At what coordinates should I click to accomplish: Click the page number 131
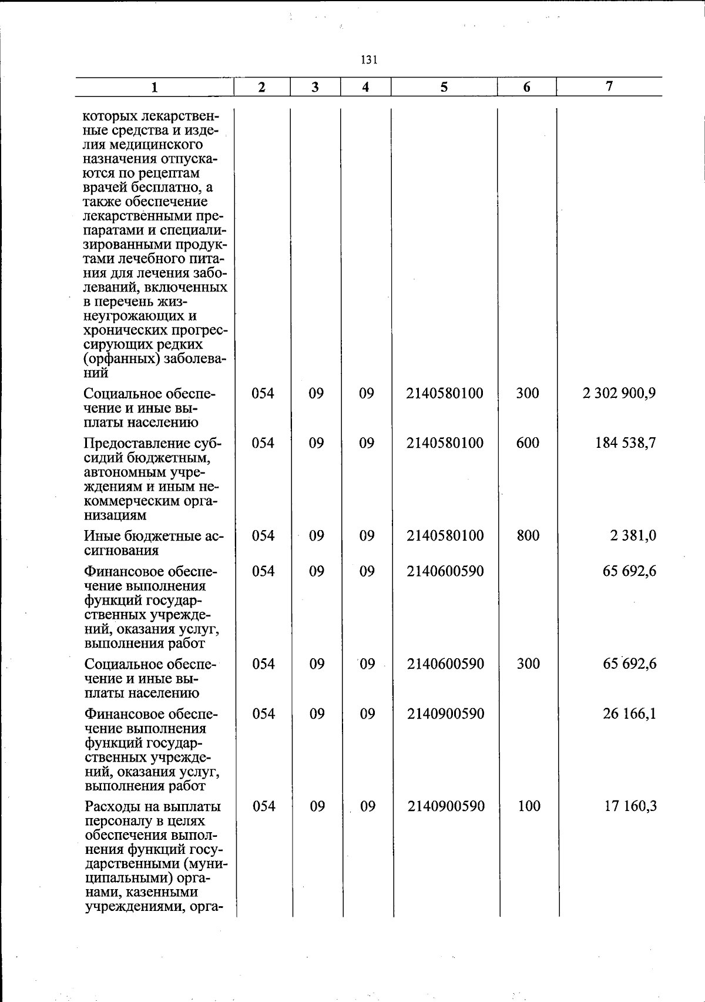coord(369,59)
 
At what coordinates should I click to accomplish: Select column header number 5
coord(444,87)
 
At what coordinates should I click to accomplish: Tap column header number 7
coord(609,86)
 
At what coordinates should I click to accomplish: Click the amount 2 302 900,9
coord(619,393)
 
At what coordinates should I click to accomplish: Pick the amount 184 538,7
coord(626,443)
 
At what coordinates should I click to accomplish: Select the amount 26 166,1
coord(629,713)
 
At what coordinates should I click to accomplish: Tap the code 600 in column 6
coord(528,443)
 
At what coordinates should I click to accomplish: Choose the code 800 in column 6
coord(528,535)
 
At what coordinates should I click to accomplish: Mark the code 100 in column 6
coord(529,806)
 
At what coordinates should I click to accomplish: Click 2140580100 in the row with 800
coord(445,535)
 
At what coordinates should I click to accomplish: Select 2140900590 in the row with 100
coord(446,806)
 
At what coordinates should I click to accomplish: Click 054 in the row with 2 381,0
coord(263,535)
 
